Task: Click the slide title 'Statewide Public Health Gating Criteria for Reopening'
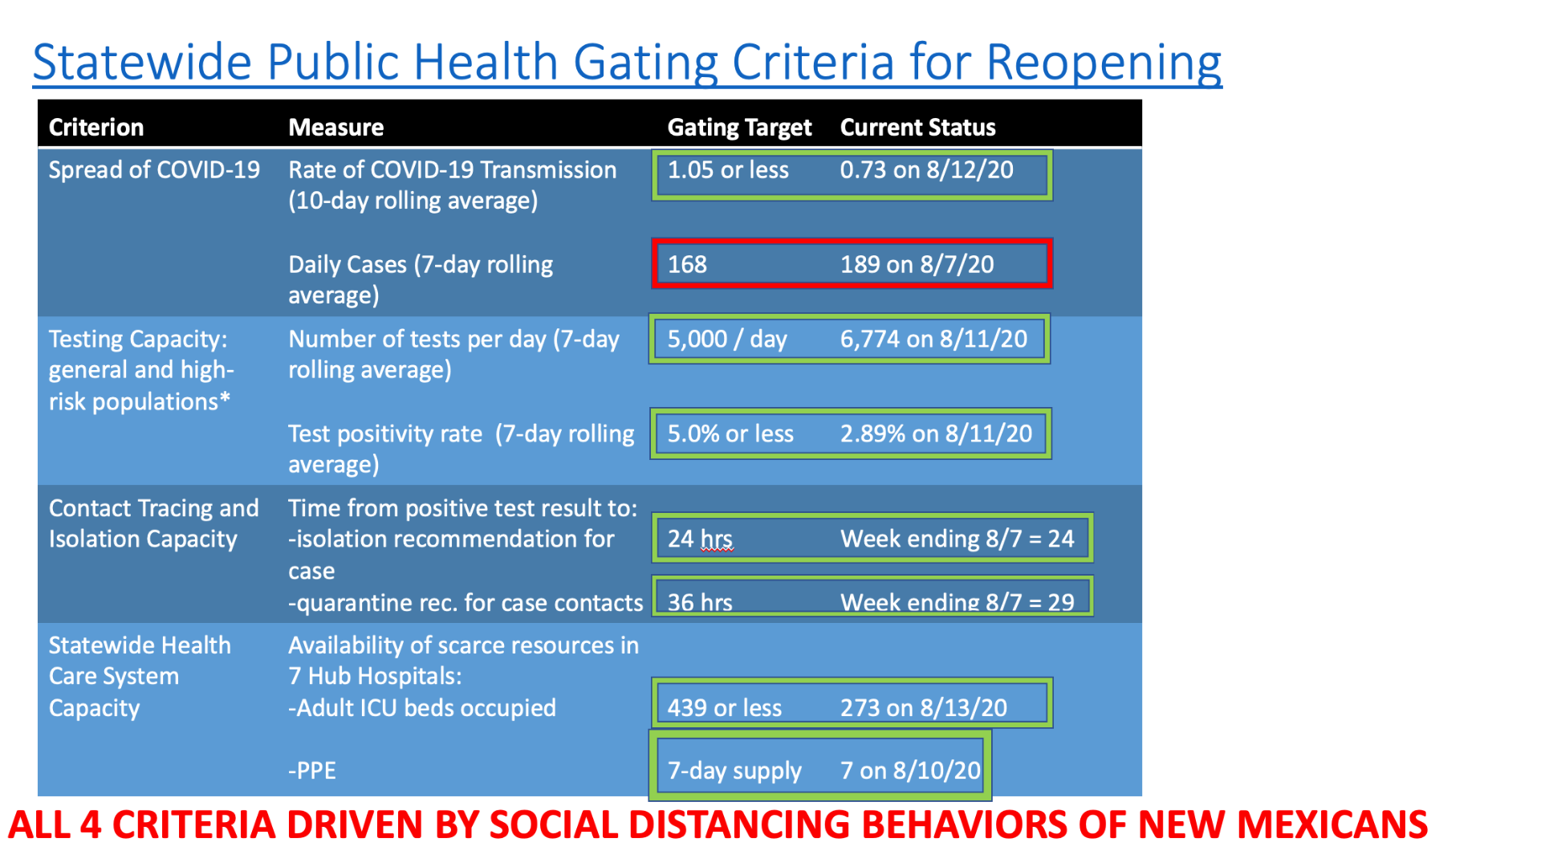pyautogui.click(x=627, y=63)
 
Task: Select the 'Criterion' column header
pyautogui.click(x=96, y=127)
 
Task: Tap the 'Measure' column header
pyautogui.click(x=335, y=127)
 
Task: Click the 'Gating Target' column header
pyautogui.click(x=739, y=128)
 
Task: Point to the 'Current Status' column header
pyautogui.click(x=917, y=127)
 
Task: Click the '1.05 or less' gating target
pyautogui.click(x=728, y=169)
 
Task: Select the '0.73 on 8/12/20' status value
pyautogui.click(x=926, y=169)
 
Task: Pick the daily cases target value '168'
pyautogui.click(x=687, y=264)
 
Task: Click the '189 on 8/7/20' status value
pyautogui.click(x=917, y=264)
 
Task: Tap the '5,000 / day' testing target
pyautogui.click(x=727, y=339)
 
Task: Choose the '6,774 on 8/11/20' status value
pyautogui.click(x=933, y=339)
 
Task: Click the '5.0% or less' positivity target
pyautogui.click(x=730, y=433)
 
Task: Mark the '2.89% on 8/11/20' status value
pyautogui.click(x=936, y=433)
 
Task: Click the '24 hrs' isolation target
pyautogui.click(x=700, y=539)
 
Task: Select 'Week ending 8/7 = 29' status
pyautogui.click(x=957, y=602)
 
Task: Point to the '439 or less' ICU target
pyautogui.click(x=724, y=707)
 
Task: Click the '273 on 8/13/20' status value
pyautogui.click(x=923, y=707)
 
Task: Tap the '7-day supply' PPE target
pyautogui.click(x=734, y=771)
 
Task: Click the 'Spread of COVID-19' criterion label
pyautogui.click(x=154, y=169)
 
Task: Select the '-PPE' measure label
pyautogui.click(x=311, y=771)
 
